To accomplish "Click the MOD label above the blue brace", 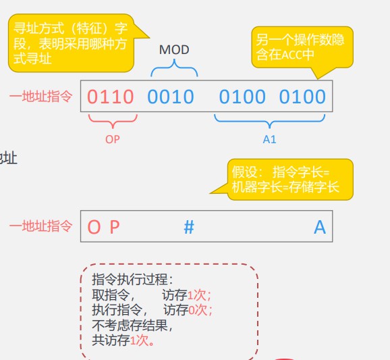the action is pos(174,50).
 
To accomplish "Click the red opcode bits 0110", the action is pos(111,97).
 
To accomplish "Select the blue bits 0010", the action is pos(171,97).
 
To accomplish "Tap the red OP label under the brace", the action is pos(113,139).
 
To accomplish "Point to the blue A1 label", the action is pos(270,139).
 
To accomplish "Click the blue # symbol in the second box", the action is pos(189,227).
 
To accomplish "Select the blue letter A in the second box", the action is pos(320,227).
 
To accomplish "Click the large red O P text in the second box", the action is pos(103,227).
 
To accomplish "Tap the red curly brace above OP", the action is pos(113,121).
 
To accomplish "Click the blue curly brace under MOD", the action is pos(174,68).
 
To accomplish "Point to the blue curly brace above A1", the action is pos(270,121).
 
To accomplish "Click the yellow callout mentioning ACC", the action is pos(302,47).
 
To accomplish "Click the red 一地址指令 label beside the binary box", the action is pos(41,96).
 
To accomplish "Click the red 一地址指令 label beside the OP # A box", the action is pos(41,226).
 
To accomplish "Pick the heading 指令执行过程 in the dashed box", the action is pos(132,279).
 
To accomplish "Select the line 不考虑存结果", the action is pos(132,325).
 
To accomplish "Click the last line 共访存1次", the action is pos(123,340).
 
